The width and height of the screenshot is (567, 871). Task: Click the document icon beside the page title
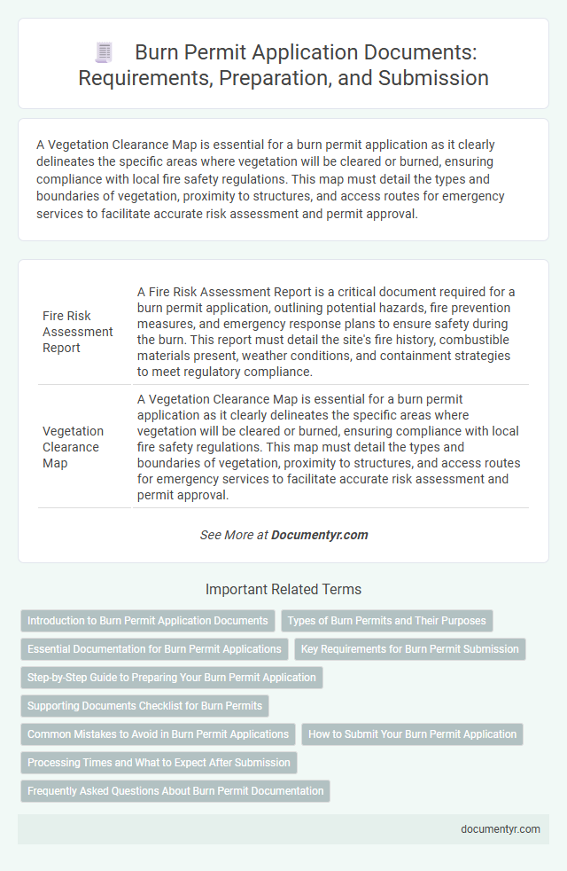tap(104, 53)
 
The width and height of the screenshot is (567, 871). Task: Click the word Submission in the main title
tap(438, 78)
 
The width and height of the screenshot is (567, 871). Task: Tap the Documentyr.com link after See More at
tap(320, 535)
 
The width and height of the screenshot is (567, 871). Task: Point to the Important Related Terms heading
tap(283, 589)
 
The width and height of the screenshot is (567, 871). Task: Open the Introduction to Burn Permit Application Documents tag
tap(147, 621)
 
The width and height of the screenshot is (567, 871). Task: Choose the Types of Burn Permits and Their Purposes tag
tap(386, 621)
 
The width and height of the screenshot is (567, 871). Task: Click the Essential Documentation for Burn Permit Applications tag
tap(154, 649)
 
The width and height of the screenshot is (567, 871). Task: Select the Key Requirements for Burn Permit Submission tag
tap(409, 649)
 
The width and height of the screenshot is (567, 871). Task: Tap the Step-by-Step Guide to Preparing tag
tap(172, 678)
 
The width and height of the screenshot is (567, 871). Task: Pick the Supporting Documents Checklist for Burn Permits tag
tap(144, 706)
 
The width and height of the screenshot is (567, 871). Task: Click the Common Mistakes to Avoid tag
tap(158, 734)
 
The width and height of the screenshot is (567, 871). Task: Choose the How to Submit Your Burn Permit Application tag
tap(412, 734)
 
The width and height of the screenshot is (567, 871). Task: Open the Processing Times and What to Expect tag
tap(159, 763)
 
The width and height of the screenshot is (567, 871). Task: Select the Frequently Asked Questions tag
tap(175, 791)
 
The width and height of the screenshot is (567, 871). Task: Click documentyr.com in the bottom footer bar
tap(501, 828)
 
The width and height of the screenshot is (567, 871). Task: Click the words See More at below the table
tap(234, 535)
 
